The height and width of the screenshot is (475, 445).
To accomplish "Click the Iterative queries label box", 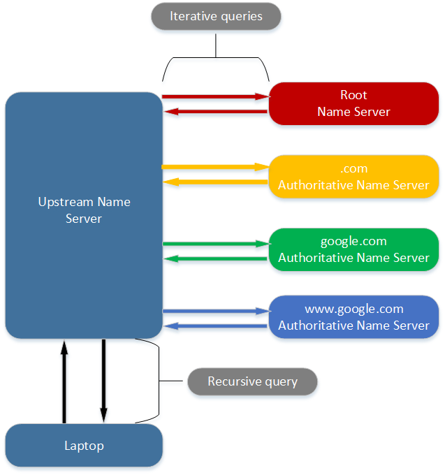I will (216, 16).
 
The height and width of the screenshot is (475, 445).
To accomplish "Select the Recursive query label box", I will (252, 381).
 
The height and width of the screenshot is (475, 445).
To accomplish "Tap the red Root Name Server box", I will (353, 103).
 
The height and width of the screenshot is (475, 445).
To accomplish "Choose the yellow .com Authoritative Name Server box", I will (353, 177).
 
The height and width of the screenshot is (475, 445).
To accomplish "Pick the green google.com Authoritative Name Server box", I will (353, 249).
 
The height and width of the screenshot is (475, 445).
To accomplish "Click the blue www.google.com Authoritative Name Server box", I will (353, 317).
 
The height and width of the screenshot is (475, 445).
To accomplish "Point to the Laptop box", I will (84, 445).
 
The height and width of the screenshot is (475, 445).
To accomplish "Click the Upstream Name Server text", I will (84, 210).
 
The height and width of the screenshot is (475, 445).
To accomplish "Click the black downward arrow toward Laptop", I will (103, 381).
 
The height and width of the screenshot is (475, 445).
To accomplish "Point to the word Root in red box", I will (353, 95).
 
